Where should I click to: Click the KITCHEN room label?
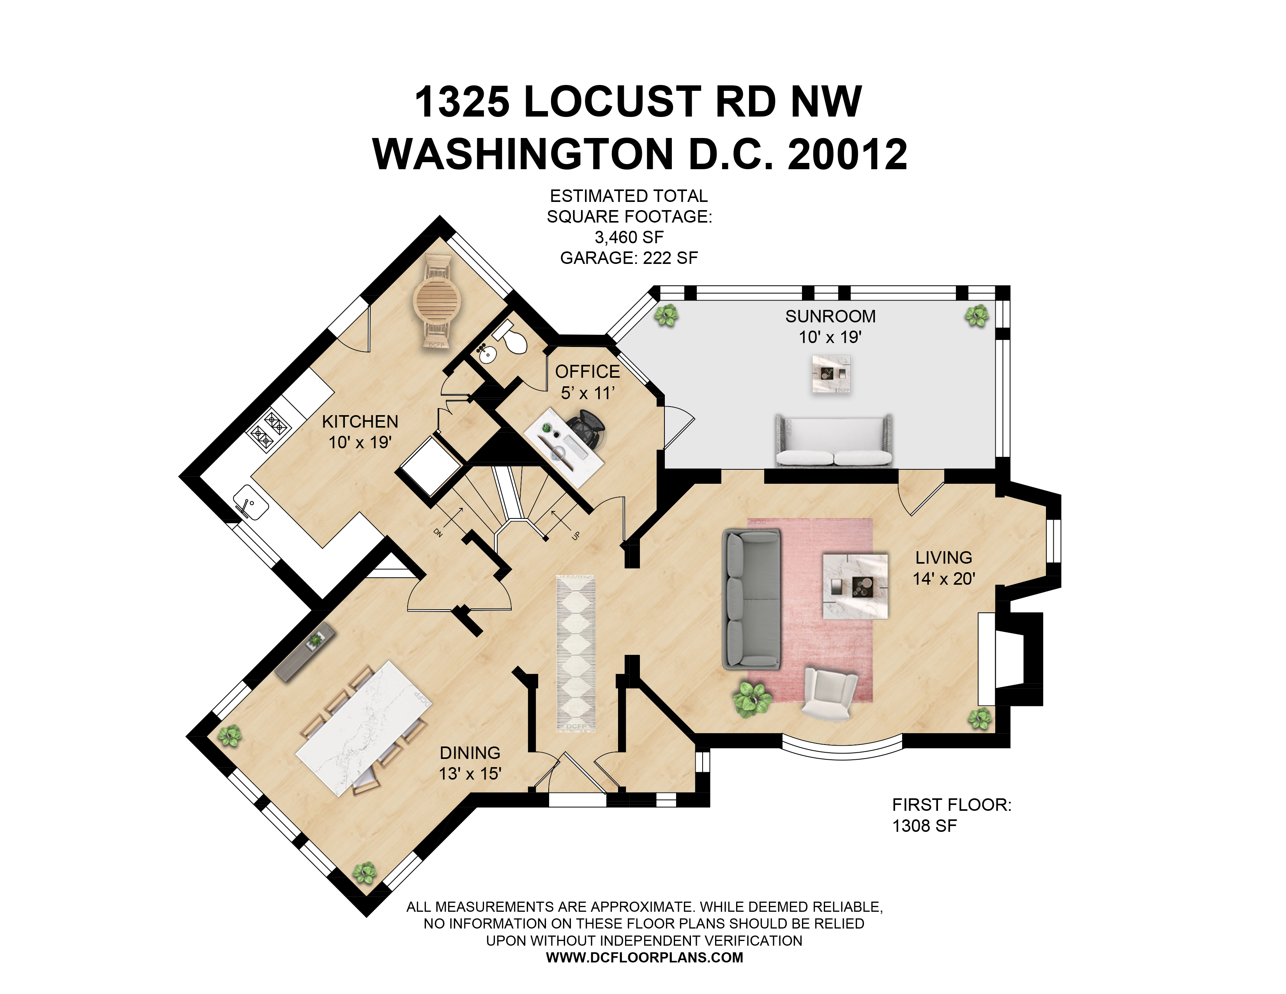tap(360, 422)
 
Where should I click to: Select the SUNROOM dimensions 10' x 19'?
tap(830, 338)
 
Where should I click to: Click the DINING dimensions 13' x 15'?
tap(470, 774)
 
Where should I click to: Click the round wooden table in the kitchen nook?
tap(436, 301)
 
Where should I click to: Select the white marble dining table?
tap(363, 728)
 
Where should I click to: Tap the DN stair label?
tap(438, 533)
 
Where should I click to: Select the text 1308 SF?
tap(924, 826)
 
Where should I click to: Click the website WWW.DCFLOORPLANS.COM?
tap(644, 957)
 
